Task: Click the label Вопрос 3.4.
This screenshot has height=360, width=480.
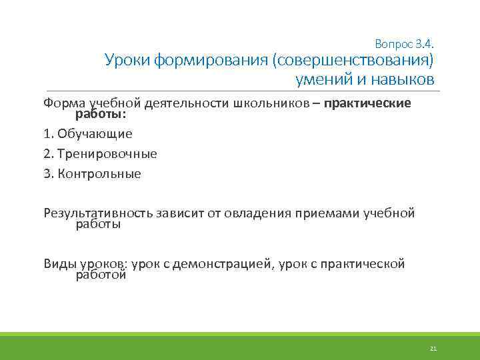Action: point(405,45)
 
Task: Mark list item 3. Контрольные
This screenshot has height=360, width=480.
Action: point(92,174)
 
